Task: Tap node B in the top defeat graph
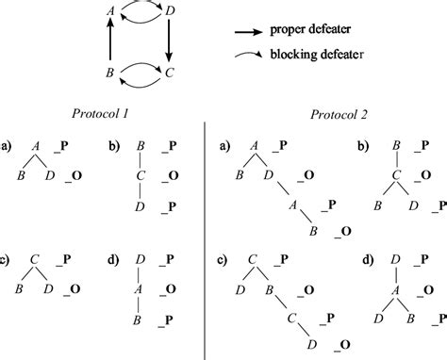[x=110, y=71]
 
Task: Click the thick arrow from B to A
[x=110, y=41]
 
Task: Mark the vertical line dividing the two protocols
[x=206, y=236]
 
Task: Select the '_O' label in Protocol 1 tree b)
[x=173, y=173]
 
